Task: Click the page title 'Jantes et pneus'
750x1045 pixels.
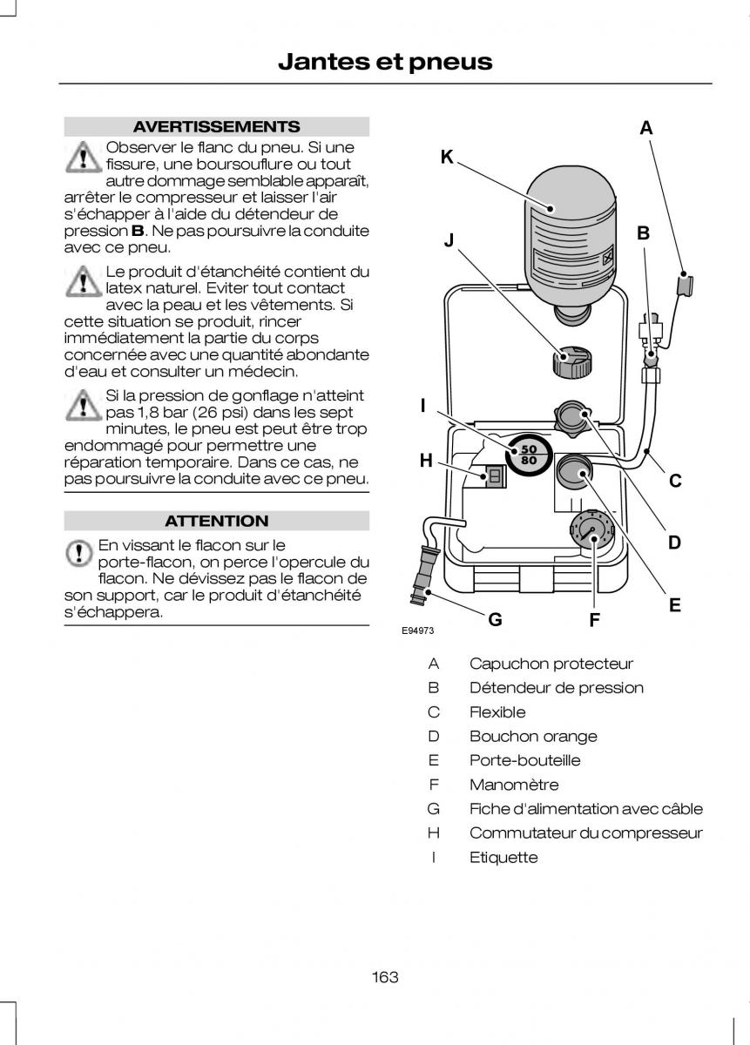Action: click(x=385, y=62)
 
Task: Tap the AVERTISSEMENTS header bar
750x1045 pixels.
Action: click(x=217, y=126)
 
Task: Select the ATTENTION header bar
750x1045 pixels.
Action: click(x=217, y=521)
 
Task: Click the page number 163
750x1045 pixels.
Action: click(x=384, y=976)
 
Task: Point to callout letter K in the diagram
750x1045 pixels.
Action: click(x=447, y=158)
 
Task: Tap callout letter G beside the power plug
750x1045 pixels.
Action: click(x=495, y=619)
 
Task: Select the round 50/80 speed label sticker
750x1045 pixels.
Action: click(x=528, y=454)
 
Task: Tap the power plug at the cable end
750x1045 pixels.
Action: click(x=423, y=582)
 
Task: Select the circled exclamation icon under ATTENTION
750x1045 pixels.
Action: click(x=78, y=552)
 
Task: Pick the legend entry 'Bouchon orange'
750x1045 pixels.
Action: click(x=533, y=736)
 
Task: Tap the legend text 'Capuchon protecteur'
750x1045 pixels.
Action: click(x=551, y=664)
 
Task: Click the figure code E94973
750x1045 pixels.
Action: click(x=418, y=631)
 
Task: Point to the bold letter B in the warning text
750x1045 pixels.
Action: click(x=138, y=231)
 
